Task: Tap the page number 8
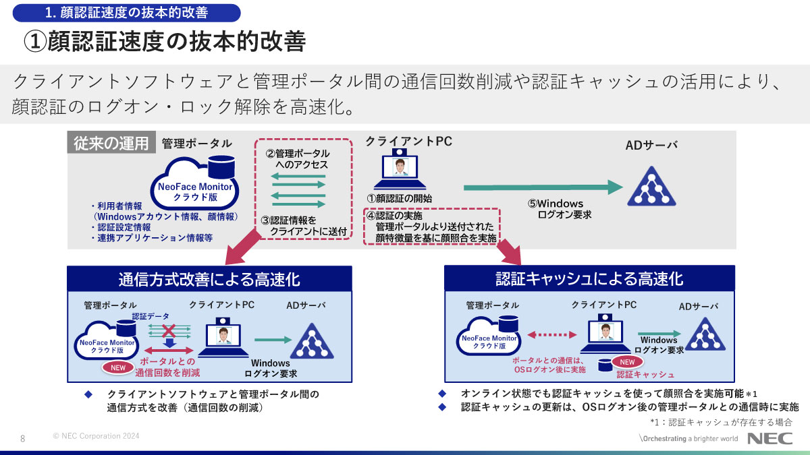coord(23,438)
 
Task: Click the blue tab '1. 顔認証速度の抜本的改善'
coord(126,13)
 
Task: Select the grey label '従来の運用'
coord(111,143)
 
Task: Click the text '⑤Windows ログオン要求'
coord(560,209)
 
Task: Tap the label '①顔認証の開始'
coord(399,199)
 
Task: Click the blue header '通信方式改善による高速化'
coord(209,279)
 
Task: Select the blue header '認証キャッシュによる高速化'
coord(589,279)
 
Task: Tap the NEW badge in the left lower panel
coord(117,367)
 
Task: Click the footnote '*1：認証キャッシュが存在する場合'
coord(720,422)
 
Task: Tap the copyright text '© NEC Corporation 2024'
coord(96,436)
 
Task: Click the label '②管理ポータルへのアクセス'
coord(298,159)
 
